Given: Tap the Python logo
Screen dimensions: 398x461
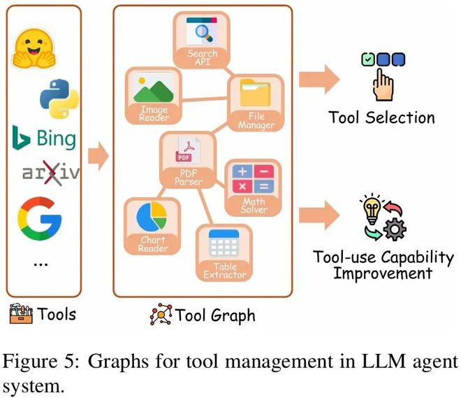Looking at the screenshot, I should tap(57, 98).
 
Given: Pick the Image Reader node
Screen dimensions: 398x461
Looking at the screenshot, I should tap(154, 94).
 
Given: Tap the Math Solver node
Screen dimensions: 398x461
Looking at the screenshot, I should tap(254, 186).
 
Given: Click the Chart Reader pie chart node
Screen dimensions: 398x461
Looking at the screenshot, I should tap(152, 224).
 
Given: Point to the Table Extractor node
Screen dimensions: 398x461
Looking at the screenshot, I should tap(224, 252).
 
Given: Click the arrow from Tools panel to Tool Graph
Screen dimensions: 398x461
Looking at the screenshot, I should tap(98, 156).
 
